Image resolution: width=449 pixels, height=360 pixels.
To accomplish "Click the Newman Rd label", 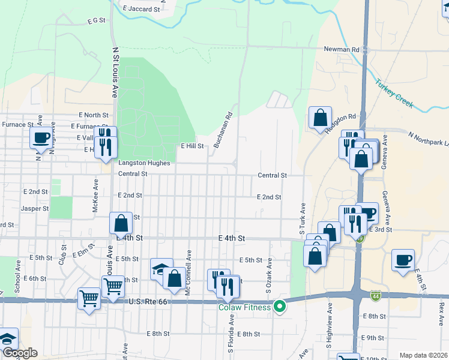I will [x=341, y=49].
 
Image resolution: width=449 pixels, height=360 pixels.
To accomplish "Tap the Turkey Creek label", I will [x=394, y=94].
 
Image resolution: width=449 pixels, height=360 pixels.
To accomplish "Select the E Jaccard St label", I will [x=141, y=9].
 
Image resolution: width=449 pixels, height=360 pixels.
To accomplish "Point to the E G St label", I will [x=96, y=20].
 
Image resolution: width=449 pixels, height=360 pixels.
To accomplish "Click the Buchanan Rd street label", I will [x=223, y=131].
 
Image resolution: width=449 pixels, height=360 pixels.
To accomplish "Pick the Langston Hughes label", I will [x=144, y=163].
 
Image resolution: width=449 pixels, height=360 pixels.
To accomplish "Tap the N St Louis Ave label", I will [x=114, y=73].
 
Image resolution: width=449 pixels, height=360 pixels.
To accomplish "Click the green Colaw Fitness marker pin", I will [x=279, y=307].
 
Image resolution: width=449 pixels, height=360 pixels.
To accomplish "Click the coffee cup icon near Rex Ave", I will [x=403, y=260].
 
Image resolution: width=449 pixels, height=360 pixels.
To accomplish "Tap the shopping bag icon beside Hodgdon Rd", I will [x=321, y=117].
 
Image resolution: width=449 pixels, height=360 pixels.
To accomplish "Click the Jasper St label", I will [x=35, y=208].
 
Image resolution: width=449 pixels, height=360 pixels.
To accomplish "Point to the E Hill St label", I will [x=193, y=146].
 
